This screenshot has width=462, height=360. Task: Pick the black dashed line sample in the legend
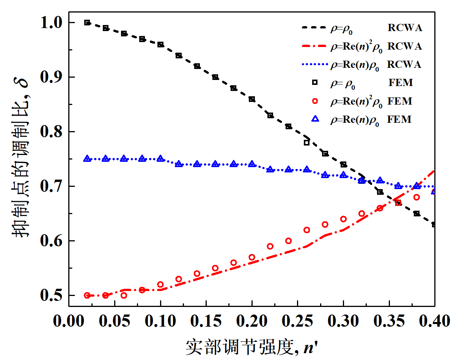coord(314,28)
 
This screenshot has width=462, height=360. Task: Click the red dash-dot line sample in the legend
coord(314,46)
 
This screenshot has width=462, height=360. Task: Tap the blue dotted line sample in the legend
coord(314,65)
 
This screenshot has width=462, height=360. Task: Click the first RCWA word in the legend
coord(405,28)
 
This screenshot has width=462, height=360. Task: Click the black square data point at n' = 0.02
coord(87,23)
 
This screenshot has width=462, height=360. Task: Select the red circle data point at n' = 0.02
coord(87,296)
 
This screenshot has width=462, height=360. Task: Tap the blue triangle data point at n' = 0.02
coord(87,158)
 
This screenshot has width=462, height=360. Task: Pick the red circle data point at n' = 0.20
coord(252,257)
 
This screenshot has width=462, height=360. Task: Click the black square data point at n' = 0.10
coord(160,44)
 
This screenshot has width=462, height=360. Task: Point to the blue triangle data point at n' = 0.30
coord(343,175)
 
